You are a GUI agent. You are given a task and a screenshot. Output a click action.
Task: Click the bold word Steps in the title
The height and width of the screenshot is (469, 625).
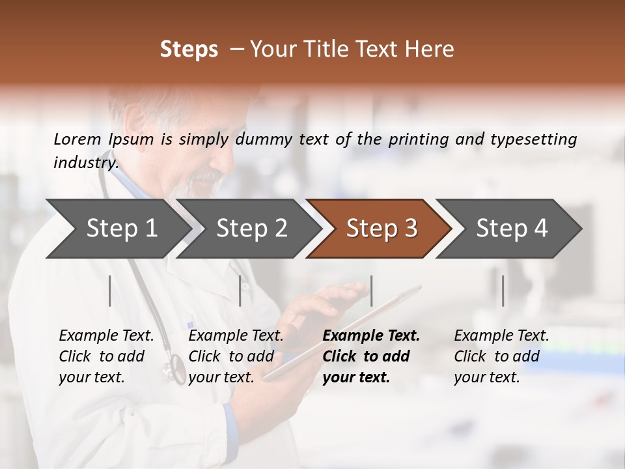pos(189,50)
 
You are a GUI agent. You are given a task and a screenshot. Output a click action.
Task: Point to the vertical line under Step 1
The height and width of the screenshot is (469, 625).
pos(110,291)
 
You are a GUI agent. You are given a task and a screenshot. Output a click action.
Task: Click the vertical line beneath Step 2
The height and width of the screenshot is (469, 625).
pos(240,291)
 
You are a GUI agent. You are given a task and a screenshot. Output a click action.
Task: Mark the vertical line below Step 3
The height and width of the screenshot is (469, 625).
pos(371,291)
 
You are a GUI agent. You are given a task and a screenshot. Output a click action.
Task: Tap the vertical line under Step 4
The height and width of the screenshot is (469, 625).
pos(503,291)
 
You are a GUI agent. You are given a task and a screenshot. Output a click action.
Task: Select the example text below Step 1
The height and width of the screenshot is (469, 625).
pos(106,356)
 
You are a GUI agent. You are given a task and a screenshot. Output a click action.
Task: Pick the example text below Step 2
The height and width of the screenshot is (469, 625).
pos(236,356)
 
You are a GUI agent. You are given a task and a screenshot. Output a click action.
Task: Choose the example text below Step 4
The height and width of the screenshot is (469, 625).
pos(501,356)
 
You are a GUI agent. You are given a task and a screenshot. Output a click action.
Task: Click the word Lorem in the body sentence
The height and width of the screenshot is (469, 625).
pos(77,139)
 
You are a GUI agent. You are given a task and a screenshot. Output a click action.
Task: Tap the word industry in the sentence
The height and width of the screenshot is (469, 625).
pos(85,163)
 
